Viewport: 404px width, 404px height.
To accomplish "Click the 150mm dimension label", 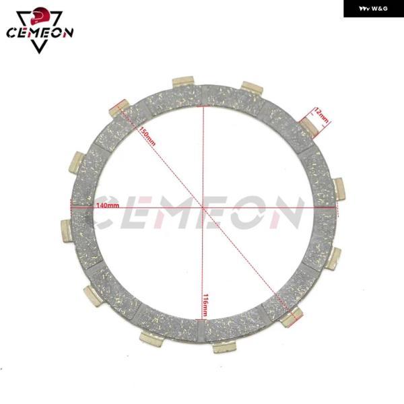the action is [x=147, y=137].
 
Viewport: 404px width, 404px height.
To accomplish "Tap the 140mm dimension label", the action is [x=108, y=205].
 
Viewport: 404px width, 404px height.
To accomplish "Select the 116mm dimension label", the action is [x=205, y=305].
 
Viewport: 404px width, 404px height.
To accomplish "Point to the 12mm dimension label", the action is [x=321, y=116].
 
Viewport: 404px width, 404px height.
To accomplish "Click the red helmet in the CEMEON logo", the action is [x=38, y=15].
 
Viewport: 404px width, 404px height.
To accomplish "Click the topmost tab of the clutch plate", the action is [x=183, y=81].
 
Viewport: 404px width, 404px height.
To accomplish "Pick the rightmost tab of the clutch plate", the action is [x=339, y=189].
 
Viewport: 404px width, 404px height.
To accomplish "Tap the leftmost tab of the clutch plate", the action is [x=67, y=230].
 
